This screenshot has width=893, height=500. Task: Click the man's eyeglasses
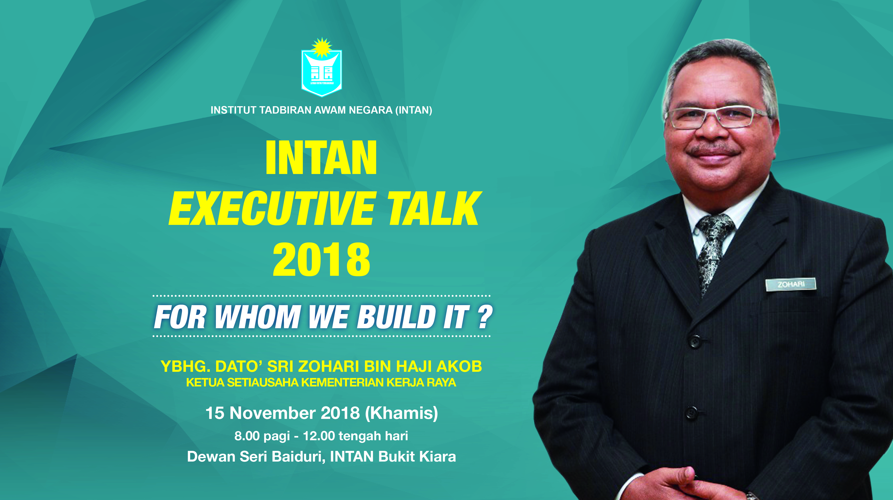click(718, 117)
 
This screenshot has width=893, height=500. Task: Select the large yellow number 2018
click(321, 260)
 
